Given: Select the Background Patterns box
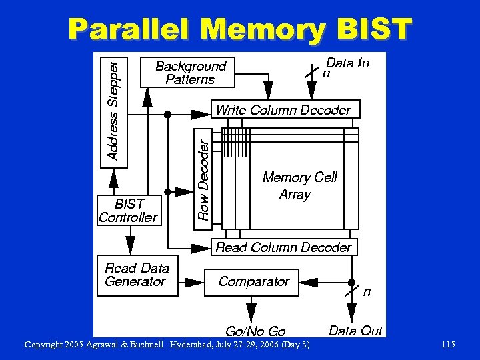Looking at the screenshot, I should tap(188, 72).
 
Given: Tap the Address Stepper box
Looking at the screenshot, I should tap(115, 109).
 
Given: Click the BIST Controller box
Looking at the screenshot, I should tap(129, 210).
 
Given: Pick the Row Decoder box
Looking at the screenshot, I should tap(205, 179).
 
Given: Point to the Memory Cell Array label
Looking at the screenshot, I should tap(299, 185).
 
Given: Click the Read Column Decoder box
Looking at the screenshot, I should tap(284, 247).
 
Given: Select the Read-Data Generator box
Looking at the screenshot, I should tap(137, 275).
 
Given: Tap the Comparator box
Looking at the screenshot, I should tap(252, 281).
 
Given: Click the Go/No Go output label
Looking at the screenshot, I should tap(255, 331).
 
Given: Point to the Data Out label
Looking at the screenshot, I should tap(355, 331).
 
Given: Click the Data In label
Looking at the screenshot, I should tap(347, 63).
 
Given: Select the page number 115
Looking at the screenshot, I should tap(448, 344).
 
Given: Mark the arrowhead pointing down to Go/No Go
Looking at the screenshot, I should tap(251, 311).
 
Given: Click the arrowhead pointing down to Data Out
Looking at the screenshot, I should tap(352, 312).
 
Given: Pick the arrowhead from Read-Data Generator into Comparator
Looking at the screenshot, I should tap(194, 282).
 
